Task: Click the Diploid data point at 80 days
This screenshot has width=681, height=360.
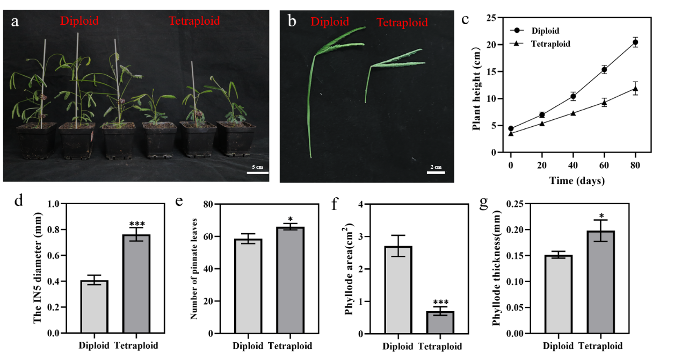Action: point(635,42)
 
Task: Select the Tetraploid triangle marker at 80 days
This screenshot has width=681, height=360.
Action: point(635,89)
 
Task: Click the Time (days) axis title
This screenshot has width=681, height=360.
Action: point(577,181)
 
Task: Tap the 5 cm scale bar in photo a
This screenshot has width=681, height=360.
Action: point(258,172)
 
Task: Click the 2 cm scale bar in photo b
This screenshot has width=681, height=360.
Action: point(437,172)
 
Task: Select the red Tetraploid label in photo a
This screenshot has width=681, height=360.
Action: point(194,21)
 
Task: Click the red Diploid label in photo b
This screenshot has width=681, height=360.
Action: point(329,21)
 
